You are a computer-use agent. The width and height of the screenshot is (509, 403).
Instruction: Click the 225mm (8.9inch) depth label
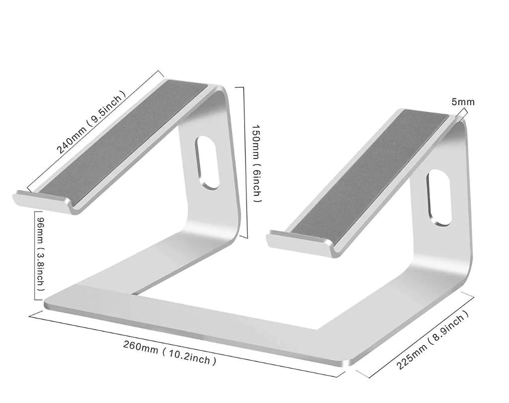pos(432,339)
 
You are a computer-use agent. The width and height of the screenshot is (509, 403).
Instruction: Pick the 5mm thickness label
pos(463,102)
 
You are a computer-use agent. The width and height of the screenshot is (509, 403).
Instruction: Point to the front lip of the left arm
pos(42,203)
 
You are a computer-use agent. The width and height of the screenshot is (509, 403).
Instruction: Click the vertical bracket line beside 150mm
pos(243,162)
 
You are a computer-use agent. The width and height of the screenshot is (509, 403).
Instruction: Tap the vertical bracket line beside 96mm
pos(35,255)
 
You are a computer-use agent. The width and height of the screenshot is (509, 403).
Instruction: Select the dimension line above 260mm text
pos(187,344)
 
